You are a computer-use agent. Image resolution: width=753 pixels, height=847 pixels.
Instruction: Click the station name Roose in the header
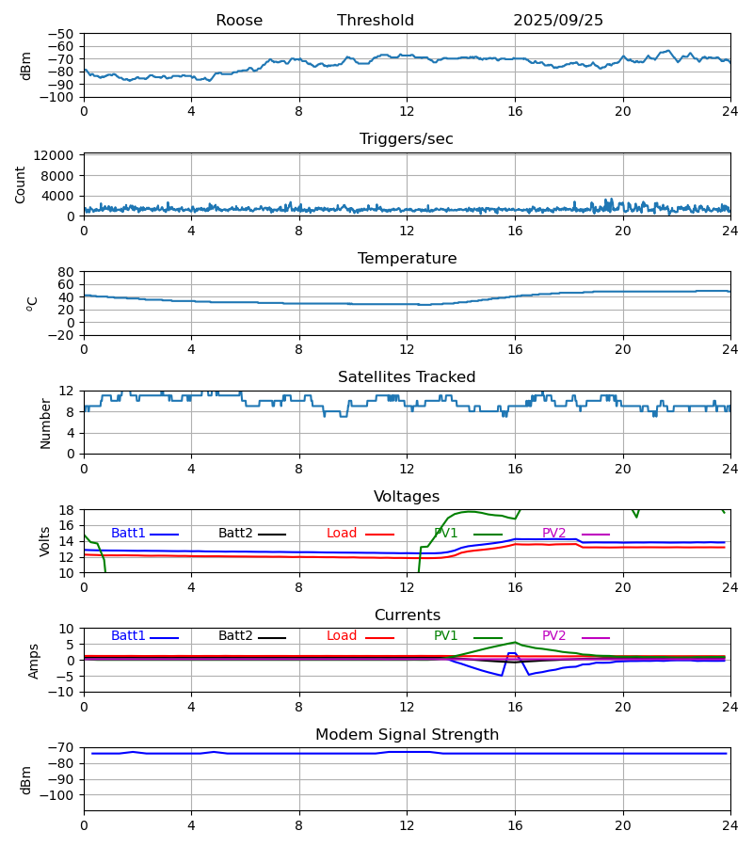pos(239,21)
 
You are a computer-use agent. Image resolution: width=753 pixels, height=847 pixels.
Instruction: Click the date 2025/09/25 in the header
pos(558,21)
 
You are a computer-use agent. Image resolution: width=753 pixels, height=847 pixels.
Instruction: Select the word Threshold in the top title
pos(376,21)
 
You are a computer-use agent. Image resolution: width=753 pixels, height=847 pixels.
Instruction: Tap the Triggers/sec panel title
pos(407,139)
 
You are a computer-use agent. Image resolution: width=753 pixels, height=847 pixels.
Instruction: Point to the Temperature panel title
pos(407,259)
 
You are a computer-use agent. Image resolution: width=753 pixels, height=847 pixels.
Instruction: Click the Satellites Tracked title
pos(407,377)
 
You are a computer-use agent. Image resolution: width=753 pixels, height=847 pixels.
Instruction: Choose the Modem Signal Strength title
pos(407,735)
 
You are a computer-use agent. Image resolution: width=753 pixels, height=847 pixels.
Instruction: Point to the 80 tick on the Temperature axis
pos(67,272)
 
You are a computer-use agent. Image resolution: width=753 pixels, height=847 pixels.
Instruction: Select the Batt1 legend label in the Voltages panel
pos(128,534)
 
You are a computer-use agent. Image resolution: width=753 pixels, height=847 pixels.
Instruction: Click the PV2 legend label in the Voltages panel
pos(554,534)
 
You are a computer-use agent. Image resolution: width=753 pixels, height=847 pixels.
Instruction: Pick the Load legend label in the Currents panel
pos(342,636)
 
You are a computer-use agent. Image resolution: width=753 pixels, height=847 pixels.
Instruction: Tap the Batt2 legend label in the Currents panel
pos(235,636)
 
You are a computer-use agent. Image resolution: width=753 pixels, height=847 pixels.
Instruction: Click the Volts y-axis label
pos(45,541)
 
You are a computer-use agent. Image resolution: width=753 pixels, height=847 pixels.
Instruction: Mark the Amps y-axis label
pos(34,661)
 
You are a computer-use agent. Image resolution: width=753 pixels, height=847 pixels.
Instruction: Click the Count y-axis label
pos(21,184)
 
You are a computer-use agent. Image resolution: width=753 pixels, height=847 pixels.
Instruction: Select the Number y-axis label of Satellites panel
pos(45,423)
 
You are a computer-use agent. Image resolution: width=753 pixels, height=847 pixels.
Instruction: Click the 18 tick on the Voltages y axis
pos(67,510)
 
